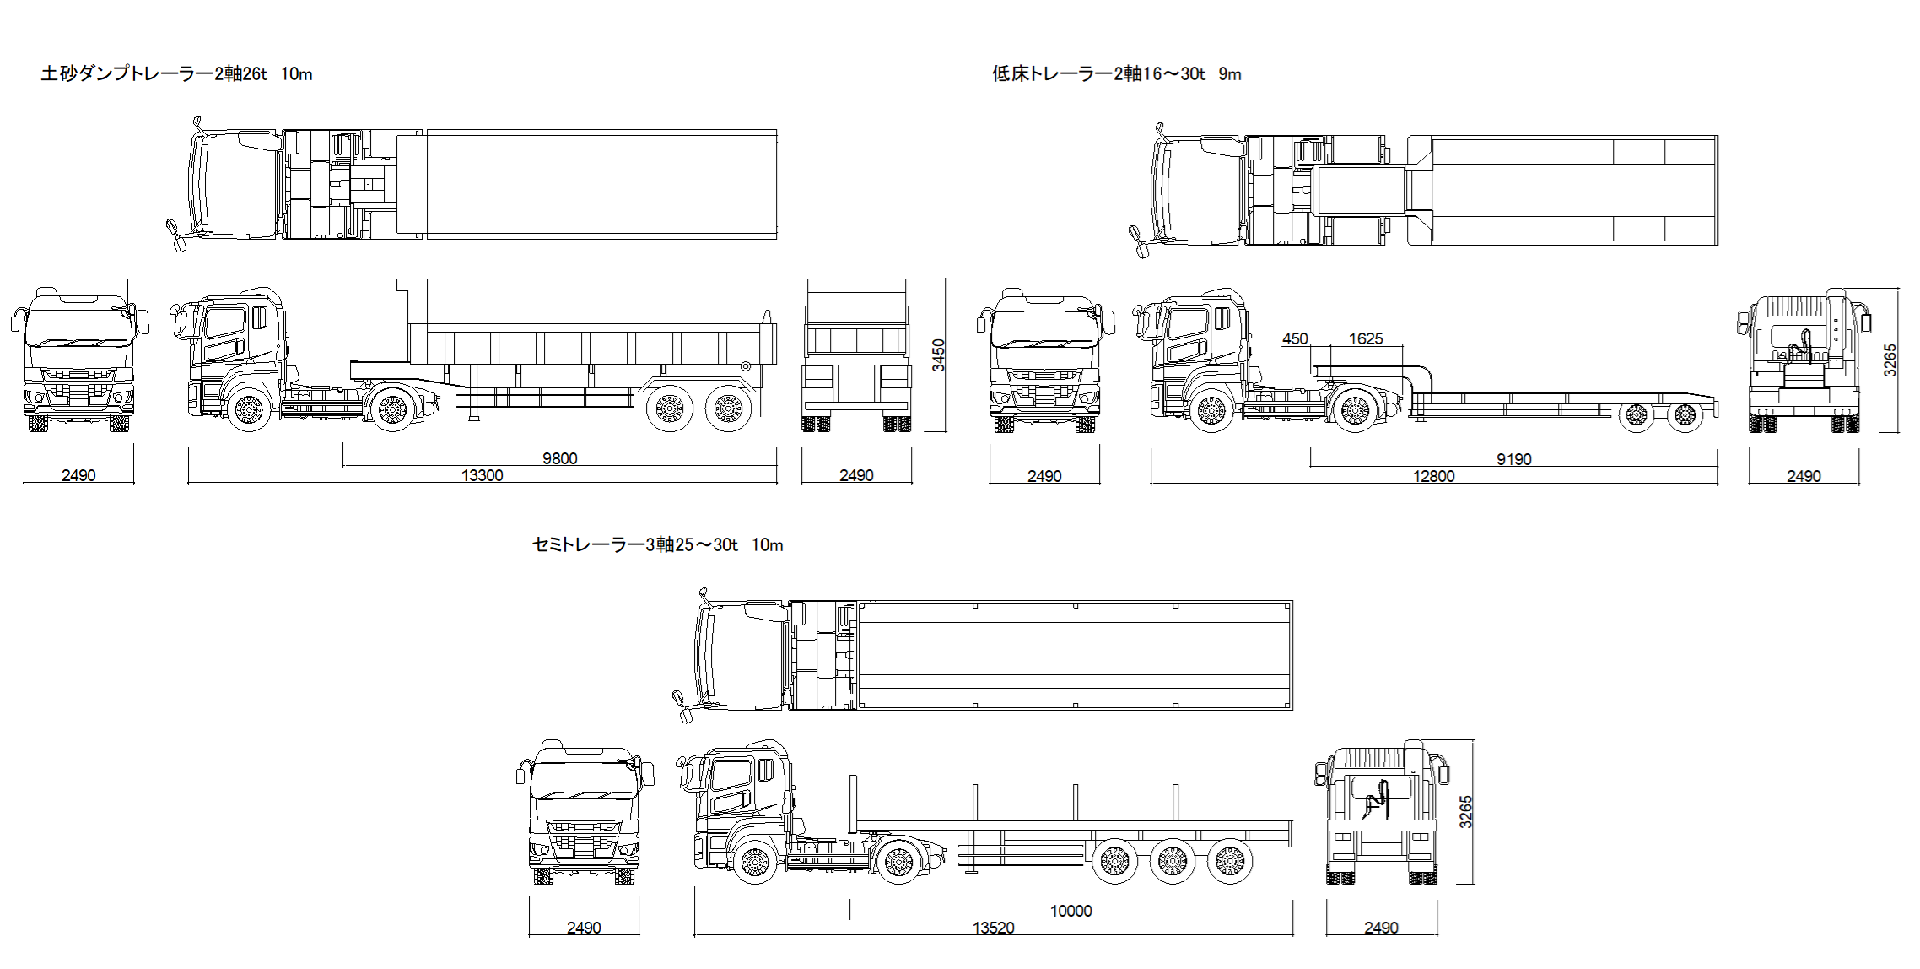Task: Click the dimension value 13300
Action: coord(482,475)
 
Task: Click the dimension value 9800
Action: coord(559,458)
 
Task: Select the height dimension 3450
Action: coord(938,355)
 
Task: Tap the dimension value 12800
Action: coord(1433,476)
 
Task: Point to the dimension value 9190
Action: coord(1513,459)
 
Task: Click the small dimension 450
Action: coord(1294,338)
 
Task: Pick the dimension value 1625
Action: coord(1365,338)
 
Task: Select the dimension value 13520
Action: coord(993,928)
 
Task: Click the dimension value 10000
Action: coord(1071,911)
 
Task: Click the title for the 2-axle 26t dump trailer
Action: coord(176,74)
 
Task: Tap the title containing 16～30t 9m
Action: coord(1116,74)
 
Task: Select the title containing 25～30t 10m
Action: coord(657,545)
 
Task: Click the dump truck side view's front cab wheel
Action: coord(249,410)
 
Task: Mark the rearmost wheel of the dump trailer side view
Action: coord(727,409)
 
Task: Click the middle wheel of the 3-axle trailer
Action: coord(1172,861)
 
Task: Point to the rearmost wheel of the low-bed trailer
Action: coord(1685,415)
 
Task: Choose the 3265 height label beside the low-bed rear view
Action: coord(1890,360)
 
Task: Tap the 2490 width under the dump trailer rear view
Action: coord(855,475)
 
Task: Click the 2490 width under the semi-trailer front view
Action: coord(583,928)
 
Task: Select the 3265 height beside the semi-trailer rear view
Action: coord(1465,811)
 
